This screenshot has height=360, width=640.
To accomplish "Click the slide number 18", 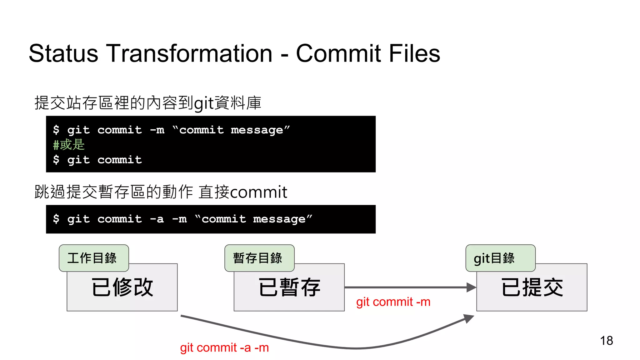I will click(x=606, y=341).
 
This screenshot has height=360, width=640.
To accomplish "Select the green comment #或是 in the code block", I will click(x=69, y=145).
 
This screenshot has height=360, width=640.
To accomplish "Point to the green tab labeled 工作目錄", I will click(x=93, y=258).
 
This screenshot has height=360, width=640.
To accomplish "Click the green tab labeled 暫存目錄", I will click(x=259, y=258).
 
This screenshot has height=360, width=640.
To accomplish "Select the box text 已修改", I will click(x=122, y=287).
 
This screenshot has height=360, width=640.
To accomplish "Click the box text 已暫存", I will click(x=289, y=287).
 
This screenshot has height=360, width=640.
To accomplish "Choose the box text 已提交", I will click(x=532, y=287).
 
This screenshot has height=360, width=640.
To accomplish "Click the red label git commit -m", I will click(x=393, y=302).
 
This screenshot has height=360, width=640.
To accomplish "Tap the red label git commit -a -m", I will click(x=224, y=347).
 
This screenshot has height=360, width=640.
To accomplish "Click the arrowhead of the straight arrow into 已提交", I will click(x=471, y=287).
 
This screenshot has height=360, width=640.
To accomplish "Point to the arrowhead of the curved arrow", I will click(x=469, y=318).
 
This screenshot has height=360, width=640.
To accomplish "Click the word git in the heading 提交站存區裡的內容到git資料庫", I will click(x=204, y=103).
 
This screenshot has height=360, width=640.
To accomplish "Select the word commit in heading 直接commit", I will click(x=258, y=192).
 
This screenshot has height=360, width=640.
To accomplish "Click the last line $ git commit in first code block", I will click(x=97, y=160).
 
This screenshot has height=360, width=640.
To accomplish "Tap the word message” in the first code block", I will click(x=260, y=130).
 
